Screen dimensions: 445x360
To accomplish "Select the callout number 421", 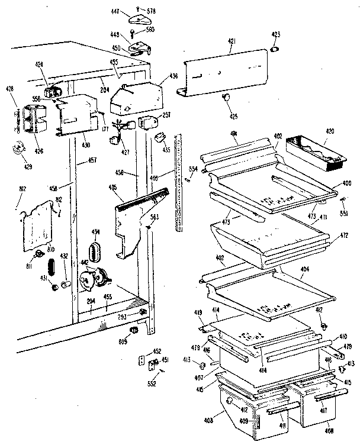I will [x=231, y=41].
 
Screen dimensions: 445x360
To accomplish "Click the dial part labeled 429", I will [x=19, y=149].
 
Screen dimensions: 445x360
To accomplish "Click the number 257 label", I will [x=166, y=115].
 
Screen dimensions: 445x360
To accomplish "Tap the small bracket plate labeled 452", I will [x=143, y=360].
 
